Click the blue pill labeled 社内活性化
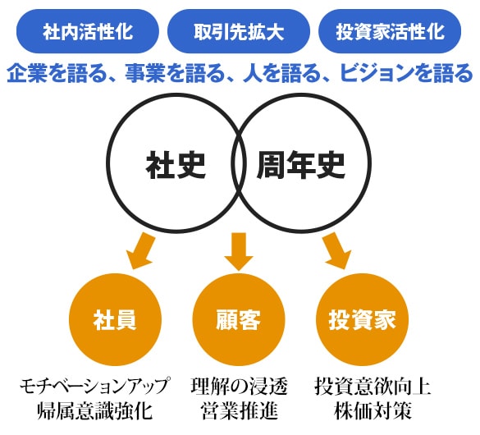(x=88, y=31)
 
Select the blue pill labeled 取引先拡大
(x=239, y=31)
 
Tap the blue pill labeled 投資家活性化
(x=390, y=31)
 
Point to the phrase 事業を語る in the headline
(x=175, y=73)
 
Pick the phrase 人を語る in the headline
(x=283, y=73)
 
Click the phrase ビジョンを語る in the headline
(x=407, y=73)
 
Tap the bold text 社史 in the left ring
(x=176, y=165)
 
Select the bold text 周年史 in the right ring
(x=301, y=165)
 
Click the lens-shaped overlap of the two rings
(x=239, y=163)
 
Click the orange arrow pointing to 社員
(x=141, y=251)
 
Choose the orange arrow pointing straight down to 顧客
(x=239, y=251)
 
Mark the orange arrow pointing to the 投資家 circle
(x=336, y=251)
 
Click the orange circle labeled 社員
(x=116, y=319)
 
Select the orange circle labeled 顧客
(x=239, y=319)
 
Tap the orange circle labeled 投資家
(x=362, y=319)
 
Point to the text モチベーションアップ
(x=94, y=387)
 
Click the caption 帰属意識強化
(x=94, y=411)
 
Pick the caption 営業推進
(x=239, y=411)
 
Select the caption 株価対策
(x=373, y=411)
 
